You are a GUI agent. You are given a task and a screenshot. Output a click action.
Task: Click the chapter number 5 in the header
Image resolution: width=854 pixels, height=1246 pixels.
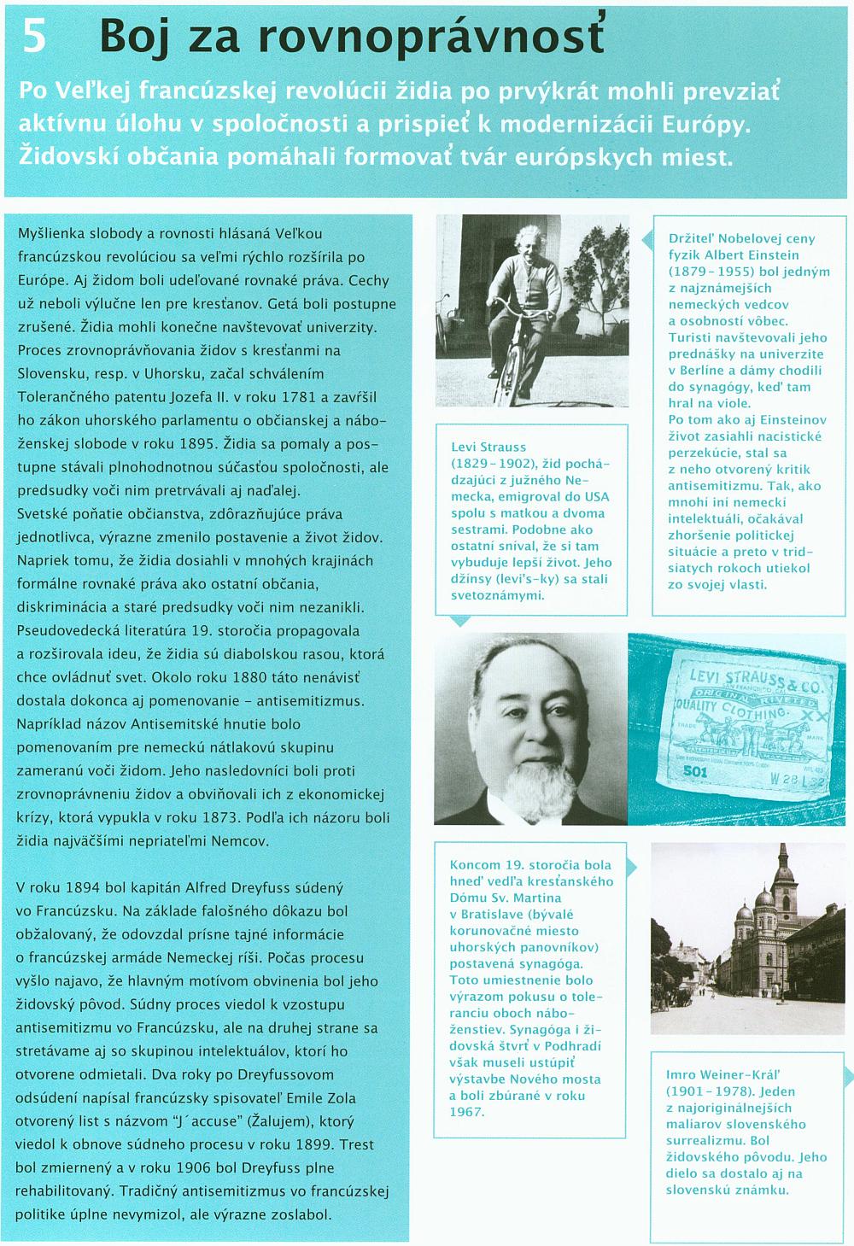(34, 36)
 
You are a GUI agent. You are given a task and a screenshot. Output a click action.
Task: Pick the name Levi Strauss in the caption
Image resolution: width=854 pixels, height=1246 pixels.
(488, 447)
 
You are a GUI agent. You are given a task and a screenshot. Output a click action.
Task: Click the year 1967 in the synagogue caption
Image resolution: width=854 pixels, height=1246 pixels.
(466, 1111)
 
